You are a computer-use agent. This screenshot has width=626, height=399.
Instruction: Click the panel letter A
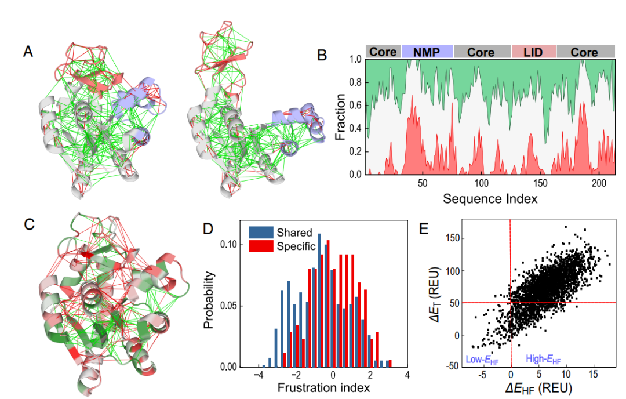(x=28, y=52)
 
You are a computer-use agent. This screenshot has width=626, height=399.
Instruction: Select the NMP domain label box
(x=427, y=52)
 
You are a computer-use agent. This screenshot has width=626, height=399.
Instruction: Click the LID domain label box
(x=534, y=52)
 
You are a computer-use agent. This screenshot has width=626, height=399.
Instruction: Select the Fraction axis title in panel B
(x=340, y=117)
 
